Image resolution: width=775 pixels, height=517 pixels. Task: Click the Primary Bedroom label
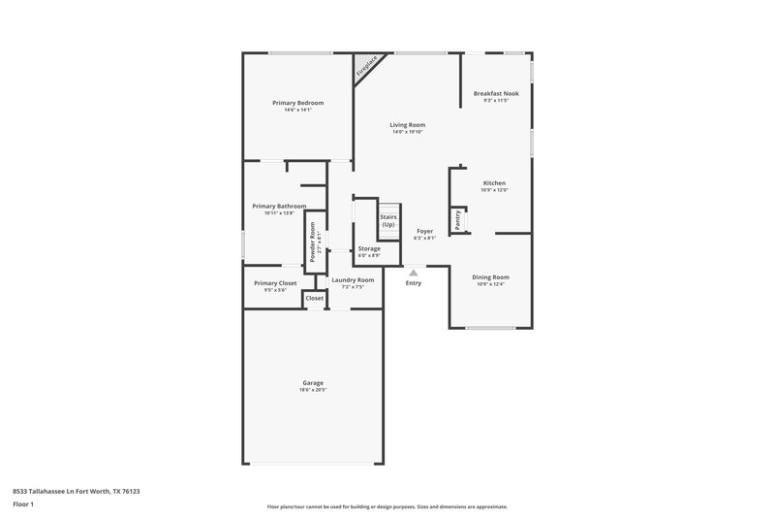[x=297, y=103]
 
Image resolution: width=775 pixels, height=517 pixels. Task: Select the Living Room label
[x=408, y=125]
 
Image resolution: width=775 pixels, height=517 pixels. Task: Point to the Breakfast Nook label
[x=496, y=93]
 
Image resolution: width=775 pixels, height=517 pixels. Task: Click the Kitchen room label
[x=494, y=183]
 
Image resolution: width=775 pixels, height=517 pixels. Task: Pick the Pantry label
[x=458, y=220]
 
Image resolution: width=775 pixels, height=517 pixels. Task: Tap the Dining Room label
[x=492, y=277]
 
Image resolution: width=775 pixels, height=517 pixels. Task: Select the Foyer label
[x=424, y=231]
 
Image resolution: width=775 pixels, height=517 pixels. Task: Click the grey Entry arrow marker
[x=414, y=274]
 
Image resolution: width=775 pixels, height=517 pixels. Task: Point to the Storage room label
[x=369, y=249]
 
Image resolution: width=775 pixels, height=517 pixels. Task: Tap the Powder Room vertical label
[x=312, y=239]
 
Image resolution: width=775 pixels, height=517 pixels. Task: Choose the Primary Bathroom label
[x=279, y=206]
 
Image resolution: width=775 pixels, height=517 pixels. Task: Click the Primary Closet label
[x=275, y=283]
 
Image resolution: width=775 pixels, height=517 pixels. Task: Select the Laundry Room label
[x=353, y=280]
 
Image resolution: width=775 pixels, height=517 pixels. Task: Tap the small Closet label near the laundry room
[x=315, y=299]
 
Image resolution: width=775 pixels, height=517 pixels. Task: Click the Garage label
[x=312, y=383]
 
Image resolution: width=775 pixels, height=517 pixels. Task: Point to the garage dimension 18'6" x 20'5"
[x=312, y=390]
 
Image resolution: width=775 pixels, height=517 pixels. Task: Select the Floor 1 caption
[x=22, y=504]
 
